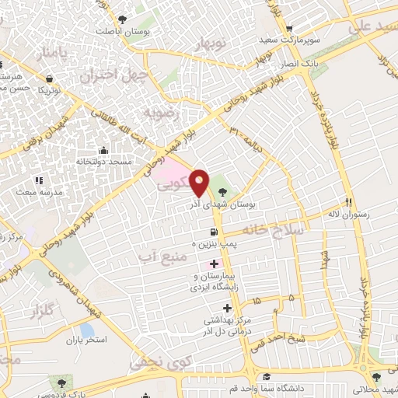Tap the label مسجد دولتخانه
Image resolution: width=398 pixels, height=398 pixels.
[x=103, y=162]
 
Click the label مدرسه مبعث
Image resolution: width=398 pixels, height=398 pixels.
[x=36, y=191]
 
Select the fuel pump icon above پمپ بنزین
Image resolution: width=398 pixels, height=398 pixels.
[x=212, y=232]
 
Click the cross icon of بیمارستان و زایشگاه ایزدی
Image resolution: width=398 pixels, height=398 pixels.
[x=215, y=264]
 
